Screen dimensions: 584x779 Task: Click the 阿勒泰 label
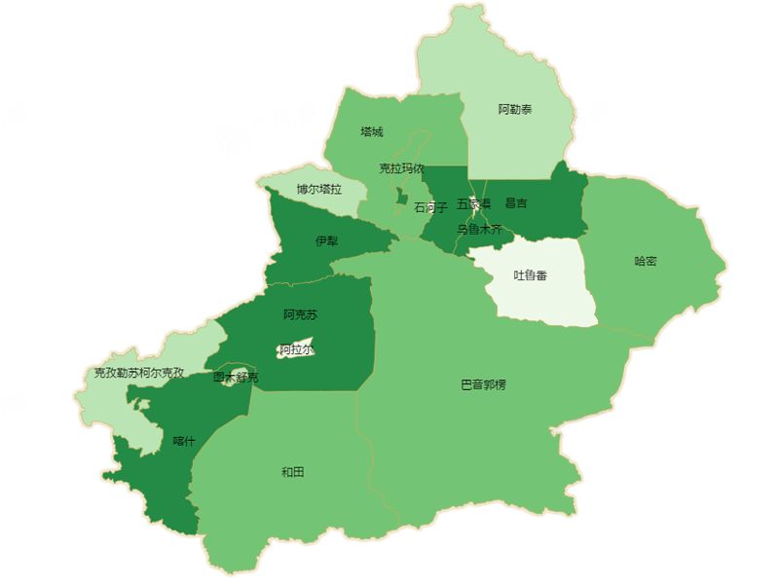[515, 110]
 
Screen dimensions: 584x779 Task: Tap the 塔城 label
[371, 131]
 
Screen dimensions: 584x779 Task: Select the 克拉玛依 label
[401, 168]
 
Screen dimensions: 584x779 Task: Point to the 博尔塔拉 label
[319, 189]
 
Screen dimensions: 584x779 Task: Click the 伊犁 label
[327, 240]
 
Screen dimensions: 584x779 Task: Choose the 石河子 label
[430, 207]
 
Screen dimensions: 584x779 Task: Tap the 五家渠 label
[473, 204]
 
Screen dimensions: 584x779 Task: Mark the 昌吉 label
[516, 203]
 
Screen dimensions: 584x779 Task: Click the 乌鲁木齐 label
[479, 230]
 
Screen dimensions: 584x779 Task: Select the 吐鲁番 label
[530, 275]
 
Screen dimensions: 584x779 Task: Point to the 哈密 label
[646, 261]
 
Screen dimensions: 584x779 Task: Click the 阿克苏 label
[301, 314]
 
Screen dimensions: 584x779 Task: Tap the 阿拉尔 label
[296, 349]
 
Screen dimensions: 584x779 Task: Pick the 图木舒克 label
[236, 377]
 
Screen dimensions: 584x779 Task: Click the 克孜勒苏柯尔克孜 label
[138, 373]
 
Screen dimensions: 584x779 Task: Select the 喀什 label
[184, 441]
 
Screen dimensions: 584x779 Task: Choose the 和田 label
[292, 472]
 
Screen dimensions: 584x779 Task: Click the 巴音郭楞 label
[483, 384]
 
